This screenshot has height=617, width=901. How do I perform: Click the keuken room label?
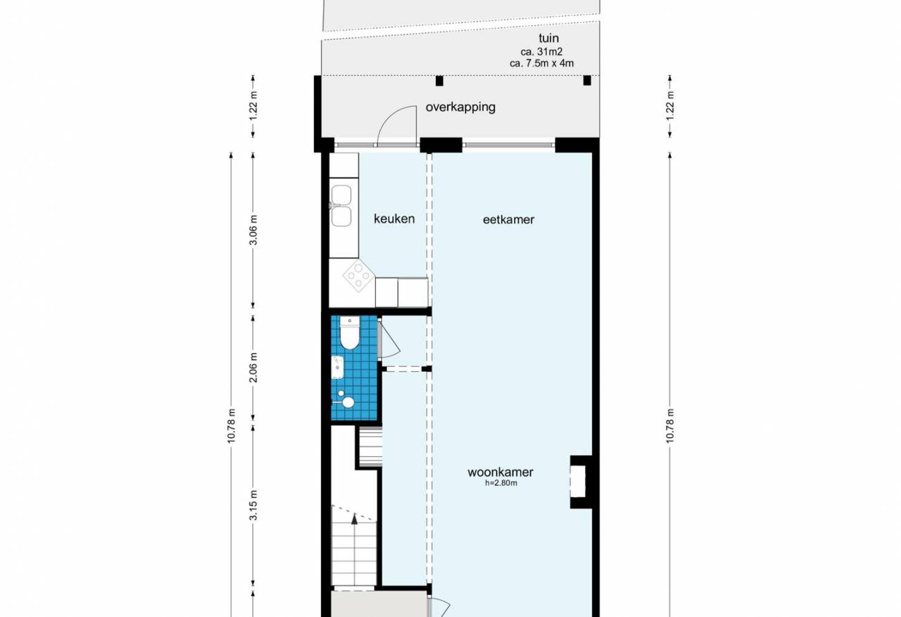[x=394, y=219]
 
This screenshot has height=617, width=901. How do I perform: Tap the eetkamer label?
[x=509, y=220]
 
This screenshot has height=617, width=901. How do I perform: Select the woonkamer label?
[x=500, y=472]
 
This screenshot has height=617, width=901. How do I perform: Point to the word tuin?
[x=549, y=38]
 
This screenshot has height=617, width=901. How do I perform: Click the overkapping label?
[x=461, y=107]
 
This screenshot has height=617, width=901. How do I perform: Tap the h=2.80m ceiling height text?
[x=501, y=483]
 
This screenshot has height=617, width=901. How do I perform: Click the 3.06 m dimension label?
[x=254, y=230]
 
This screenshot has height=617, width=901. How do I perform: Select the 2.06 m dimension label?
[x=254, y=367]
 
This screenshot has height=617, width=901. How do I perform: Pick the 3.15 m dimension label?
[x=254, y=505]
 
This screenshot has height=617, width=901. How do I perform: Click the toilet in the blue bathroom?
[x=349, y=333]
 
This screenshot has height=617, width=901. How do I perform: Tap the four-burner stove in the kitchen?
[x=359, y=275]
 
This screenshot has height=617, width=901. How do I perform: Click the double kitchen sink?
[x=341, y=206]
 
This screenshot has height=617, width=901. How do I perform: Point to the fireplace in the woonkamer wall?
[x=579, y=482]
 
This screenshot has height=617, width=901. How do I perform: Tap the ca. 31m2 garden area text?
[x=541, y=52]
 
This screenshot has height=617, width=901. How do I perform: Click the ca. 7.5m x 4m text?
[x=541, y=63]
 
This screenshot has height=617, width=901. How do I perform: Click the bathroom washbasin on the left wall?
[x=338, y=367]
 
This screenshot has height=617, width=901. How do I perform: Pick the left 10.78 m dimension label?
[x=231, y=426]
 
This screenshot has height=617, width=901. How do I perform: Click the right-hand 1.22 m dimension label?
[x=670, y=105]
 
